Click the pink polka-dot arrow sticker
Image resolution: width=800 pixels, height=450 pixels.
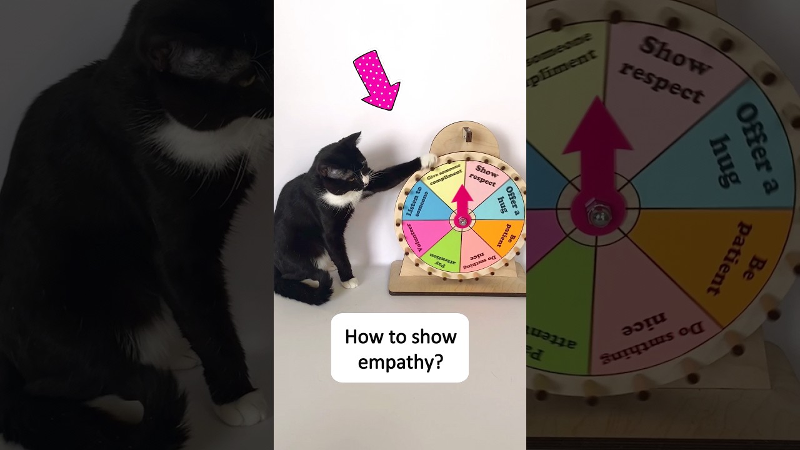click(x=377, y=80)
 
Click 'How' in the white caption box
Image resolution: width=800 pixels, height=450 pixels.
click(x=359, y=337)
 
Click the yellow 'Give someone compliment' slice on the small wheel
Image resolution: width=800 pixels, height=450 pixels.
click(x=444, y=183)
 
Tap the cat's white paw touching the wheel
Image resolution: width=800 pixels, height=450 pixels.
click(x=429, y=161)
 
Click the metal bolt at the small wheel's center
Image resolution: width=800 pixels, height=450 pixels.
click(x=462, y=221)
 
